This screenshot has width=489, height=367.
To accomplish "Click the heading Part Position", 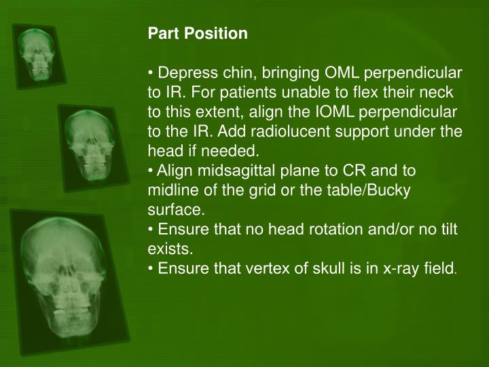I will (198, 33).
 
